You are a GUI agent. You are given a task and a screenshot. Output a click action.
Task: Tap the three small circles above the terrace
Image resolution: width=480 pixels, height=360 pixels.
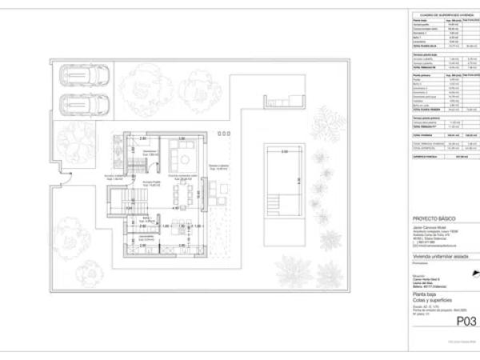click(224, 133)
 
